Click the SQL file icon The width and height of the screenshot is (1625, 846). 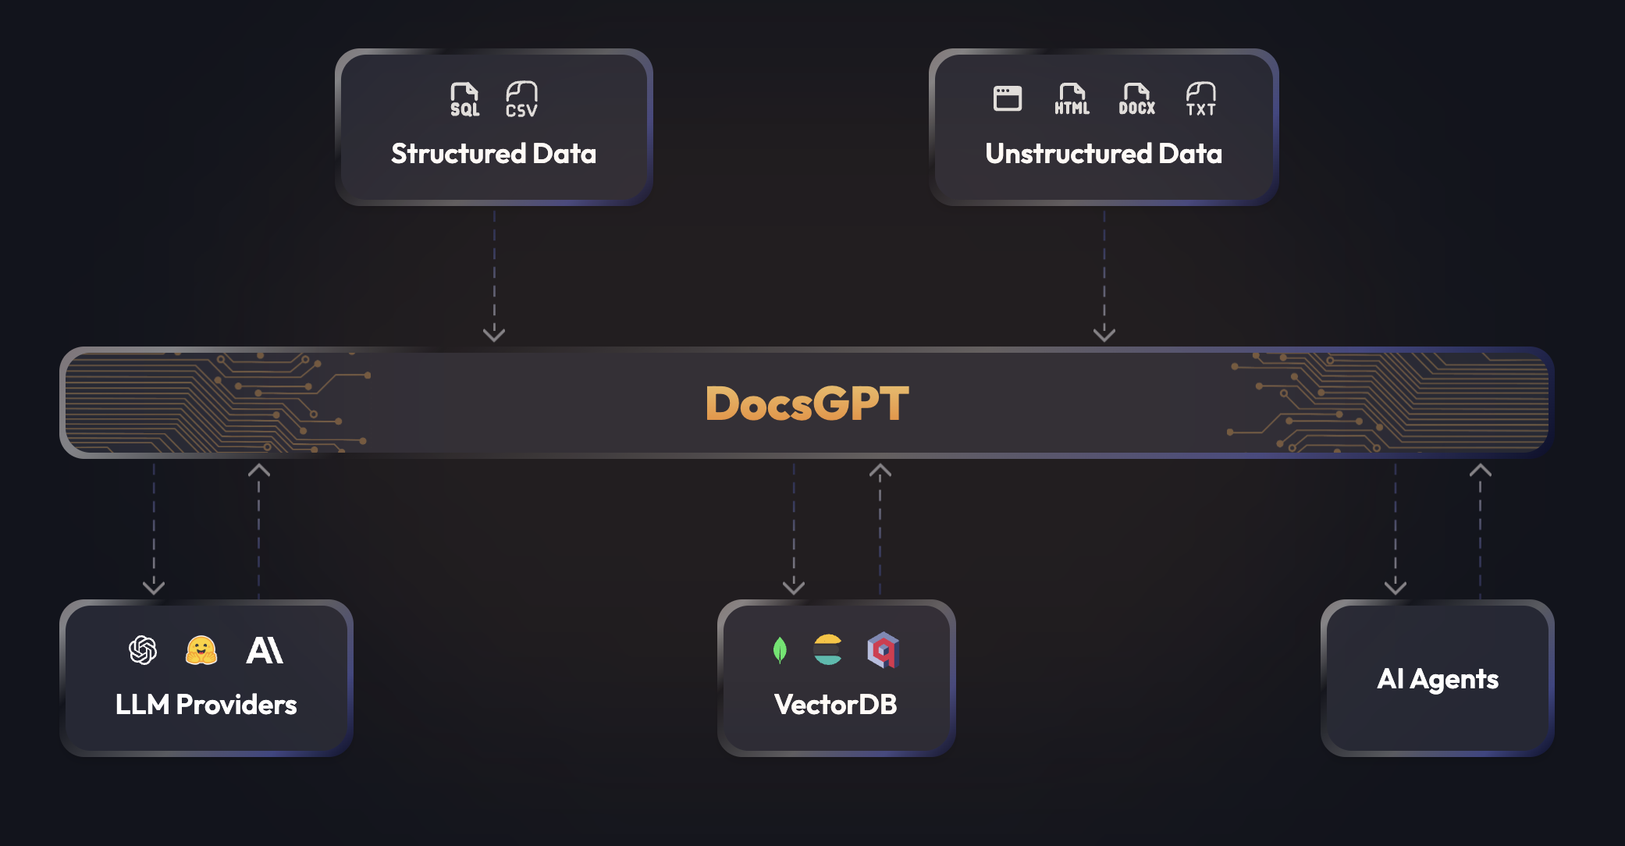tap(464, 100)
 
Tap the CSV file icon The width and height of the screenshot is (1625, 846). tap(521, 100)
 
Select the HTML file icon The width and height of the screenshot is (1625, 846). tap(1072, 100)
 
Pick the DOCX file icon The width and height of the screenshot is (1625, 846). tap(1136, 100)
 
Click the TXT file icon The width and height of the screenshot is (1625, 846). tap(1200, 100)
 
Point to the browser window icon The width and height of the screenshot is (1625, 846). tap(1007, 98)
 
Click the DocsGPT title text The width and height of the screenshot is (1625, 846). tap(807, 403)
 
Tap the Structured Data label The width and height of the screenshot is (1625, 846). tap(493, 154)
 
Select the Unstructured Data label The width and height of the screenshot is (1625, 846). tap(1103, 154)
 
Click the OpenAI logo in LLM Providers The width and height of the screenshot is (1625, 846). tap(143, 650)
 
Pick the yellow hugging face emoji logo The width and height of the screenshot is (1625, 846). tap(201, 650)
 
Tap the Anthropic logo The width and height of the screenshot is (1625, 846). tap(265, 650)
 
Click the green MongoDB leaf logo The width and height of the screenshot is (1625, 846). tap(779, 650)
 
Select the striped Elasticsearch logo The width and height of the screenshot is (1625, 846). tap(827, 650)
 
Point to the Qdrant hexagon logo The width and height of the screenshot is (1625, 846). tap(883, 650)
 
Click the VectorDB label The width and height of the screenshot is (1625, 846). tap(835, 705)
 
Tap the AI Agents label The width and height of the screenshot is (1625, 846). tap(1438, 679)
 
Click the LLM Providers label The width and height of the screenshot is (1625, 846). tap(206, 705)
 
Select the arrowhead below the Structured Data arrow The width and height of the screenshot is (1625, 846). tap(494, 335)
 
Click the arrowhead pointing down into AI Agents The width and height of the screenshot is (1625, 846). tap(1395, 587)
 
